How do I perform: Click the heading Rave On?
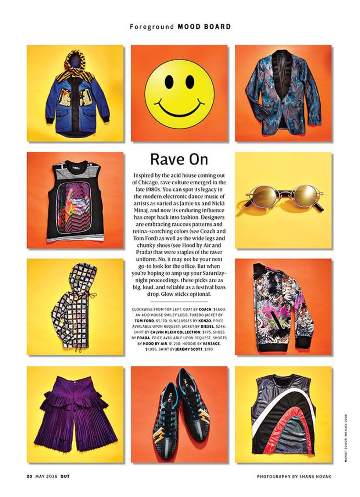(x=179, y=159)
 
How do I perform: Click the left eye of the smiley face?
(x=169, y=80)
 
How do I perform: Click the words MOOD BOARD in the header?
(x=204, y=26)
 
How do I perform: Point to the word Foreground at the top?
(x=152, y=26)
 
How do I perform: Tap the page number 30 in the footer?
(x=29, y=476)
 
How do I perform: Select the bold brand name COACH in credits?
(x=205, y=309)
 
